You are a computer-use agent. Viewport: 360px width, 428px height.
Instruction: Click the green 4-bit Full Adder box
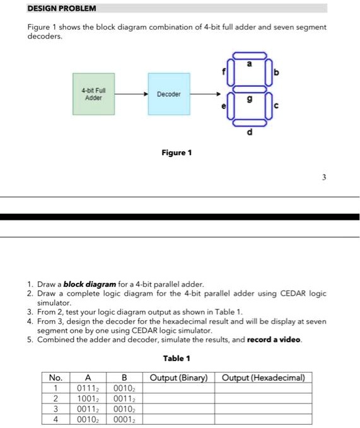93,94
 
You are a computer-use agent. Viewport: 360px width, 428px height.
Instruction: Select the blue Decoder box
169,94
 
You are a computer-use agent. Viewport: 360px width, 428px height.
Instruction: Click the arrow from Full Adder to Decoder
131,94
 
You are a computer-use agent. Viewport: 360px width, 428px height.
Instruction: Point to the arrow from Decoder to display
206,94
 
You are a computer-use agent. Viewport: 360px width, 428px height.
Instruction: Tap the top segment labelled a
250,55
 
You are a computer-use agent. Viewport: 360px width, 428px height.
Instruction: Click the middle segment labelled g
250,89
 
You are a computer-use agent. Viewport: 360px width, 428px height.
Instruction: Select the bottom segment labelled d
250,123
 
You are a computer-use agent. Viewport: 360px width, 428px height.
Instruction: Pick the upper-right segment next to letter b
269,72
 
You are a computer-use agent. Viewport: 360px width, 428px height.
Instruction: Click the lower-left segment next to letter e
231,106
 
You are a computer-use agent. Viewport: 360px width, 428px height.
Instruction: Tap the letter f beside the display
224,72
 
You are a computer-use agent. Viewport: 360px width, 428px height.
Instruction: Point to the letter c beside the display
276,105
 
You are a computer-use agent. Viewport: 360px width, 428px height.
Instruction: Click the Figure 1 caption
177,153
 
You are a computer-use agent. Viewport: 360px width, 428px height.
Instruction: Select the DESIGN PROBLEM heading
62,8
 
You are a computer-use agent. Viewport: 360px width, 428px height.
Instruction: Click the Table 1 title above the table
177,359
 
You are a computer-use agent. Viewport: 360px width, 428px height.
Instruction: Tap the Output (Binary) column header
179,378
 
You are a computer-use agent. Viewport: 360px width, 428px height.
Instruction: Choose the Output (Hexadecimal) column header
264,378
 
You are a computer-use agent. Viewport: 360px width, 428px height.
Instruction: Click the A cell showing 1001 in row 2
88,399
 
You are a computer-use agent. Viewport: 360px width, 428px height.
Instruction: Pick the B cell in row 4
124,420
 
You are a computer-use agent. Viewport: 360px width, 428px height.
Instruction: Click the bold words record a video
274,340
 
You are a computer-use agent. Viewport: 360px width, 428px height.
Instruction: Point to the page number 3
324,177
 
